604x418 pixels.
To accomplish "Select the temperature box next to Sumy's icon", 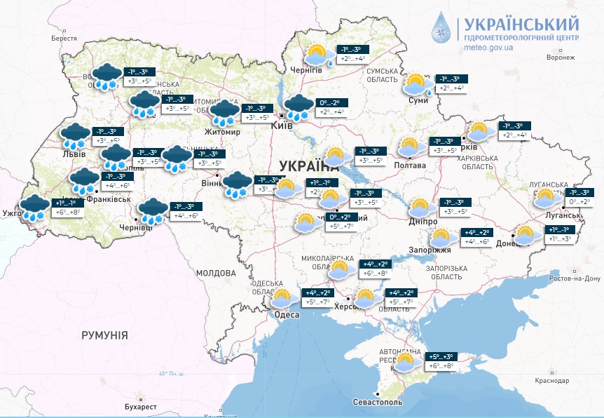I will pyautogui.click(x=451, y=83).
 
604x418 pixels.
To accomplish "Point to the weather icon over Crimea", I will pyautogui.click(x=405, y=362).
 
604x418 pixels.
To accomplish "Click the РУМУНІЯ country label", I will pyautogui.click(x=104, y=336).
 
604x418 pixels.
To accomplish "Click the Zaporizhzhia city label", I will pyautogui.click(x=430, y=250).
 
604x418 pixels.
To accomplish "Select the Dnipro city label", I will pyautogui.click(x=423, y=222).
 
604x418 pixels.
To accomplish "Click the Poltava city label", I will pyautogui.click(x=411, y=166).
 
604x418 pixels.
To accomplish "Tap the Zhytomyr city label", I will pyautogui.click(x=222, y=132).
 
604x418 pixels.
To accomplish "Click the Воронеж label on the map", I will pyautogui.click(x=560, y=58).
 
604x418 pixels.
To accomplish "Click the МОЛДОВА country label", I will pyautogui.click(x=216, y=272).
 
